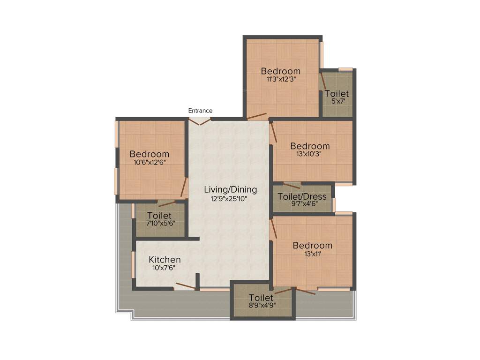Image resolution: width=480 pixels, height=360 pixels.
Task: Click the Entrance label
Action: [x=200, y=111]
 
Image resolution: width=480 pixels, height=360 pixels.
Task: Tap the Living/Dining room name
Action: [x=231, y=190]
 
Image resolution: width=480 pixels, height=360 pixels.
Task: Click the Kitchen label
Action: [x=165, y=260]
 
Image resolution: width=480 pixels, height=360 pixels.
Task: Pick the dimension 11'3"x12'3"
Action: [x=281, y=79]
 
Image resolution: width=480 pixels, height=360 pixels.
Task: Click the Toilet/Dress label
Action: [x=302, y=196]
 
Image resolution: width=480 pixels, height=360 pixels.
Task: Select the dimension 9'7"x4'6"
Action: [x=302, y=204]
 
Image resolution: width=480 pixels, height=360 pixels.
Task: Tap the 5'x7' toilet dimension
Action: [x=337, y=101]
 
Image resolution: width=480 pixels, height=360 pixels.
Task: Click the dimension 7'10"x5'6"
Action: [x=159, y=224]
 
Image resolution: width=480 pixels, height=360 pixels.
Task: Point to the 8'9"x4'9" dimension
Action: [x=262, y=305]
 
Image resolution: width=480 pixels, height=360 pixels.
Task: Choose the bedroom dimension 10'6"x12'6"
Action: [x=150, y=162]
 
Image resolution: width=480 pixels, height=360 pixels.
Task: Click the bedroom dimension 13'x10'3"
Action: [x=310, y=154]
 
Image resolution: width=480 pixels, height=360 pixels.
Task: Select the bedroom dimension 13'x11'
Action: [x=312, y=254]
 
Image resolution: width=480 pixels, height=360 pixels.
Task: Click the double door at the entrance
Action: [x=201, y=121]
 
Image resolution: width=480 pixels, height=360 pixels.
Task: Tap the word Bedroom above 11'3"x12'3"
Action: [x=281, y=71]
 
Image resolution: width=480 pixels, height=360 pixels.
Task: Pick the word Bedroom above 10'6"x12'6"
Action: [x=150, y=154]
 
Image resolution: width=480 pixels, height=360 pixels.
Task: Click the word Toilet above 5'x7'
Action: [x=337, y=94]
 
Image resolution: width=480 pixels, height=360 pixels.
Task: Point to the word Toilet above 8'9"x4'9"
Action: [x=261, y=298]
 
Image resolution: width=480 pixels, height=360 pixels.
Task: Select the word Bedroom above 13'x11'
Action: [x=312, y=246]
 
